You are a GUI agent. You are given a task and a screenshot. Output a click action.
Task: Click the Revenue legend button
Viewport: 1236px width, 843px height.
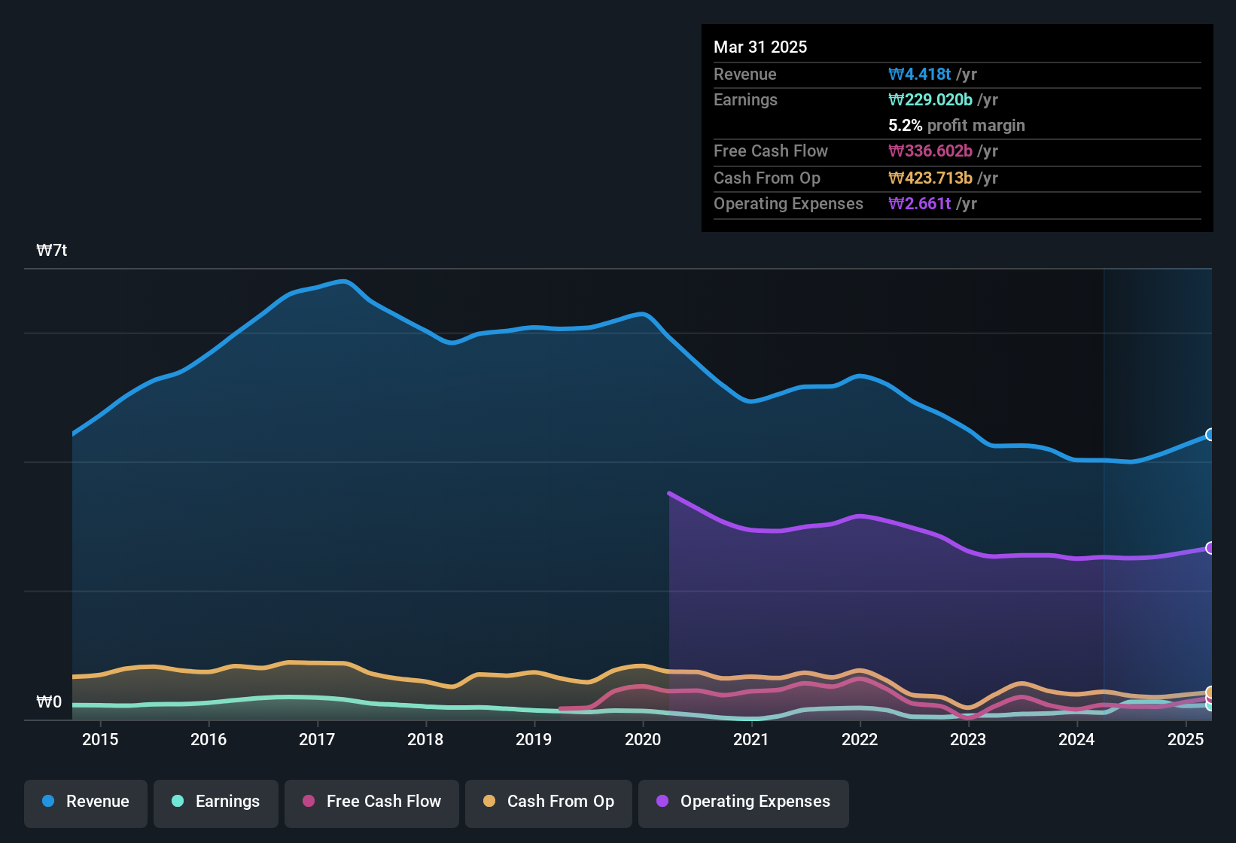[86, 802]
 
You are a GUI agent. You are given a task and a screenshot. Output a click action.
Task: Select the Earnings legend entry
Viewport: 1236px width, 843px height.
[216, 802]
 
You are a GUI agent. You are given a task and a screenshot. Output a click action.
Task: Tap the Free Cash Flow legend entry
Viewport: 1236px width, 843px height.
[372, 802]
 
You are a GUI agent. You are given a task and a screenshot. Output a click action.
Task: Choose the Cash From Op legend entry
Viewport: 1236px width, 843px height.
[549, 802]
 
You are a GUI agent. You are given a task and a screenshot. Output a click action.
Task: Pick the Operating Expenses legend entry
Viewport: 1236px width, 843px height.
[744, 802]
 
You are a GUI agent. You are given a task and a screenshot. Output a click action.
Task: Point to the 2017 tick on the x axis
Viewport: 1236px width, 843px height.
[317, 739]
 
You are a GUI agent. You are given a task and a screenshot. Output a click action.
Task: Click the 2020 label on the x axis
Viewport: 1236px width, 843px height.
[643, 739]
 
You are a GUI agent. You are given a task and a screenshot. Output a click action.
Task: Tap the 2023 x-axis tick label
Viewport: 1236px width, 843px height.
[968, 739]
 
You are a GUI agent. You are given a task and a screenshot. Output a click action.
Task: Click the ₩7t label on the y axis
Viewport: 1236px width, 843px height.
[52, 251]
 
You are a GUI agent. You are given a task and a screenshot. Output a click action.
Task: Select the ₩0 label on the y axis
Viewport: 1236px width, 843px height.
[49, 702]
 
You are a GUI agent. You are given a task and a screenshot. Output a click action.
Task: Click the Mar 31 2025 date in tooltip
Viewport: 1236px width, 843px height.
[760, 47]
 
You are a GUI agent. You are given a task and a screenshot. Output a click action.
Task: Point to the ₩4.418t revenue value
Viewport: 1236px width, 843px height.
[920, 75]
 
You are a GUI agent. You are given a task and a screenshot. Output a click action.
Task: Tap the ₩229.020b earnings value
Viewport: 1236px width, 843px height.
[930, 100]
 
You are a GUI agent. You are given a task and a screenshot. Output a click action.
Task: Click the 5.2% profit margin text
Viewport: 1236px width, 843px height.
[957, 126]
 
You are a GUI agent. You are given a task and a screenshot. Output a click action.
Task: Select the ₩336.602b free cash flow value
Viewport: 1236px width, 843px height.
[930, 151]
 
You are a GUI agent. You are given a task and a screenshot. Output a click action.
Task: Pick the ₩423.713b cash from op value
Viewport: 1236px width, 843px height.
[930, 178]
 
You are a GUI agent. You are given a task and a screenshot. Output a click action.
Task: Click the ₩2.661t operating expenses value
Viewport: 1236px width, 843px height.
[920, 204]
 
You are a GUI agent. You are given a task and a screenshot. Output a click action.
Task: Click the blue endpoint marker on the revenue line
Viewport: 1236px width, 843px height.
[1210, 434]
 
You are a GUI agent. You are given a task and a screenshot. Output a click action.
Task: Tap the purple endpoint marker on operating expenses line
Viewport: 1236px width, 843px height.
[1210, 548]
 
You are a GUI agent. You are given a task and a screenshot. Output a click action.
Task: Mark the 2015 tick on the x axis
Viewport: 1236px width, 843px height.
[100, 739]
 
